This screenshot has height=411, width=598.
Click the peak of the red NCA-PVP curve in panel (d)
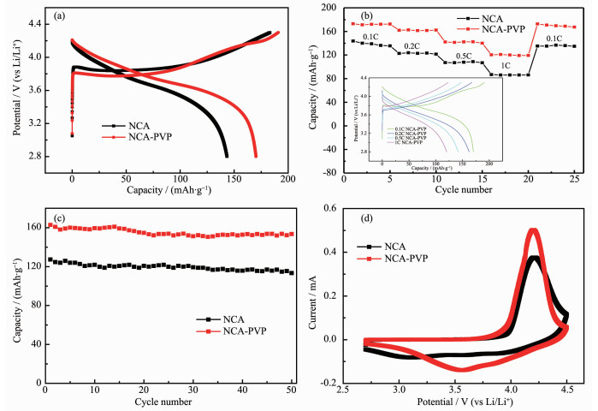(533, 230)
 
